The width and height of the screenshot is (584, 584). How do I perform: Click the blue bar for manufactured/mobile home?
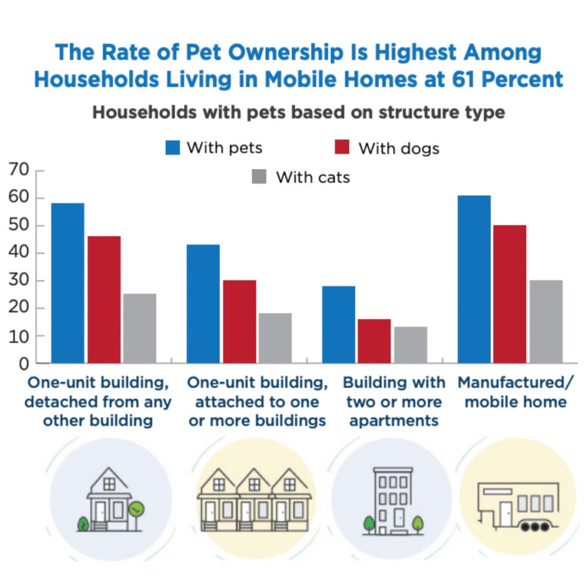474,279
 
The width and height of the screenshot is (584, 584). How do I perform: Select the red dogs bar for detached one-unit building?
104,299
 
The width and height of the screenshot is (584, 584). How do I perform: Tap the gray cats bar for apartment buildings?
411,344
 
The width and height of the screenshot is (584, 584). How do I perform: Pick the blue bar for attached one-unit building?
203,303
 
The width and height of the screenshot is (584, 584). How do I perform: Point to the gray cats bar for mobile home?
546,321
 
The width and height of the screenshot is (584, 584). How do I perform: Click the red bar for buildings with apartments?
374,340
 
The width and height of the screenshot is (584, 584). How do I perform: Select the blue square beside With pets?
173,148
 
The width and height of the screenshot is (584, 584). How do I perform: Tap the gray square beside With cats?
259,176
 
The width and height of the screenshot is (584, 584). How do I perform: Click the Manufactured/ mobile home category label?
516,392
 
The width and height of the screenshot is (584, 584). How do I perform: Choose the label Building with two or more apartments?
393,401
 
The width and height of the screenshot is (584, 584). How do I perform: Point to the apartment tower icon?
393,501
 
